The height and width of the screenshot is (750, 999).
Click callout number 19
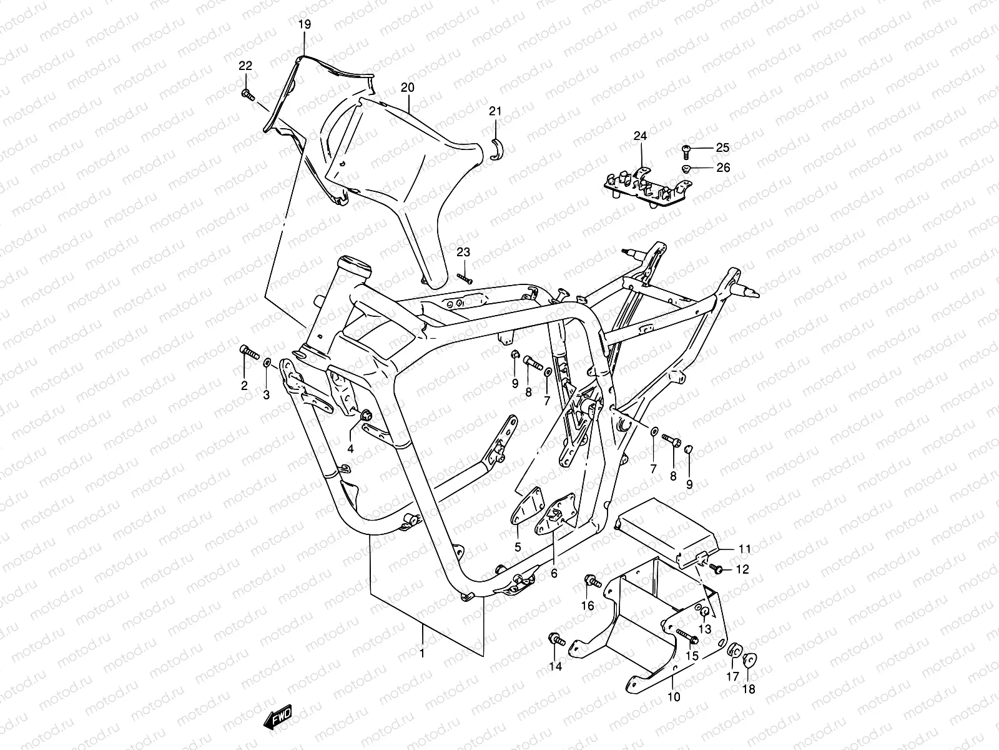304,25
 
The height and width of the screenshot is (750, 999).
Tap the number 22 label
245,66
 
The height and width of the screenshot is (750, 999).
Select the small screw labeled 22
247,94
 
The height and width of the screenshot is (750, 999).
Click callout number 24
640,136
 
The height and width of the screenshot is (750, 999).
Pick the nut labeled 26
686,168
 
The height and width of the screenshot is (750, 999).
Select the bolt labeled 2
249,352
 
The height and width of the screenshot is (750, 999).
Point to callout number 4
350,449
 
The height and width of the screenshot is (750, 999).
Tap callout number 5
518,548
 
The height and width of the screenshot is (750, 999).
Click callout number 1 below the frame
422,653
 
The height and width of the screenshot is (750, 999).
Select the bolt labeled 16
593,582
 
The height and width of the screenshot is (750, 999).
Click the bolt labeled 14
556,640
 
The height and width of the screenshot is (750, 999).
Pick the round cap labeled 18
749,661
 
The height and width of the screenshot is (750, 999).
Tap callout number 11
744,549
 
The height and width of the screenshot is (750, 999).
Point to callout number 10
674,696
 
